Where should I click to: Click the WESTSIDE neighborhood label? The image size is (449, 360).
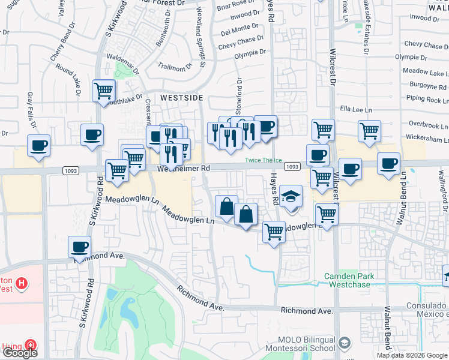click(181, 97)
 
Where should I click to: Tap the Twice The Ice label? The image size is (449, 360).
click(263, 160)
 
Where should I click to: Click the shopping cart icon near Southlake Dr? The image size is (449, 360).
click(104, 91)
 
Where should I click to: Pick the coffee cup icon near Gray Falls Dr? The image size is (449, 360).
click(39, 145)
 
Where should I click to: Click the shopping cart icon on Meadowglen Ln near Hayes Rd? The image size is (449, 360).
click(274, 231)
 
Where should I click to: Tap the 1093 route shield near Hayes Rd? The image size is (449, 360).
click(292, 166)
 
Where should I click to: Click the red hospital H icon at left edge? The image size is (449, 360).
click(22, 283)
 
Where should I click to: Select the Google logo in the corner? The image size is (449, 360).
click(20, 353)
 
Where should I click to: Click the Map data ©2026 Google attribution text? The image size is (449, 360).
click(412, 355)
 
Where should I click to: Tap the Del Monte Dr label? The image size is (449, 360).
click(239, 29)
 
